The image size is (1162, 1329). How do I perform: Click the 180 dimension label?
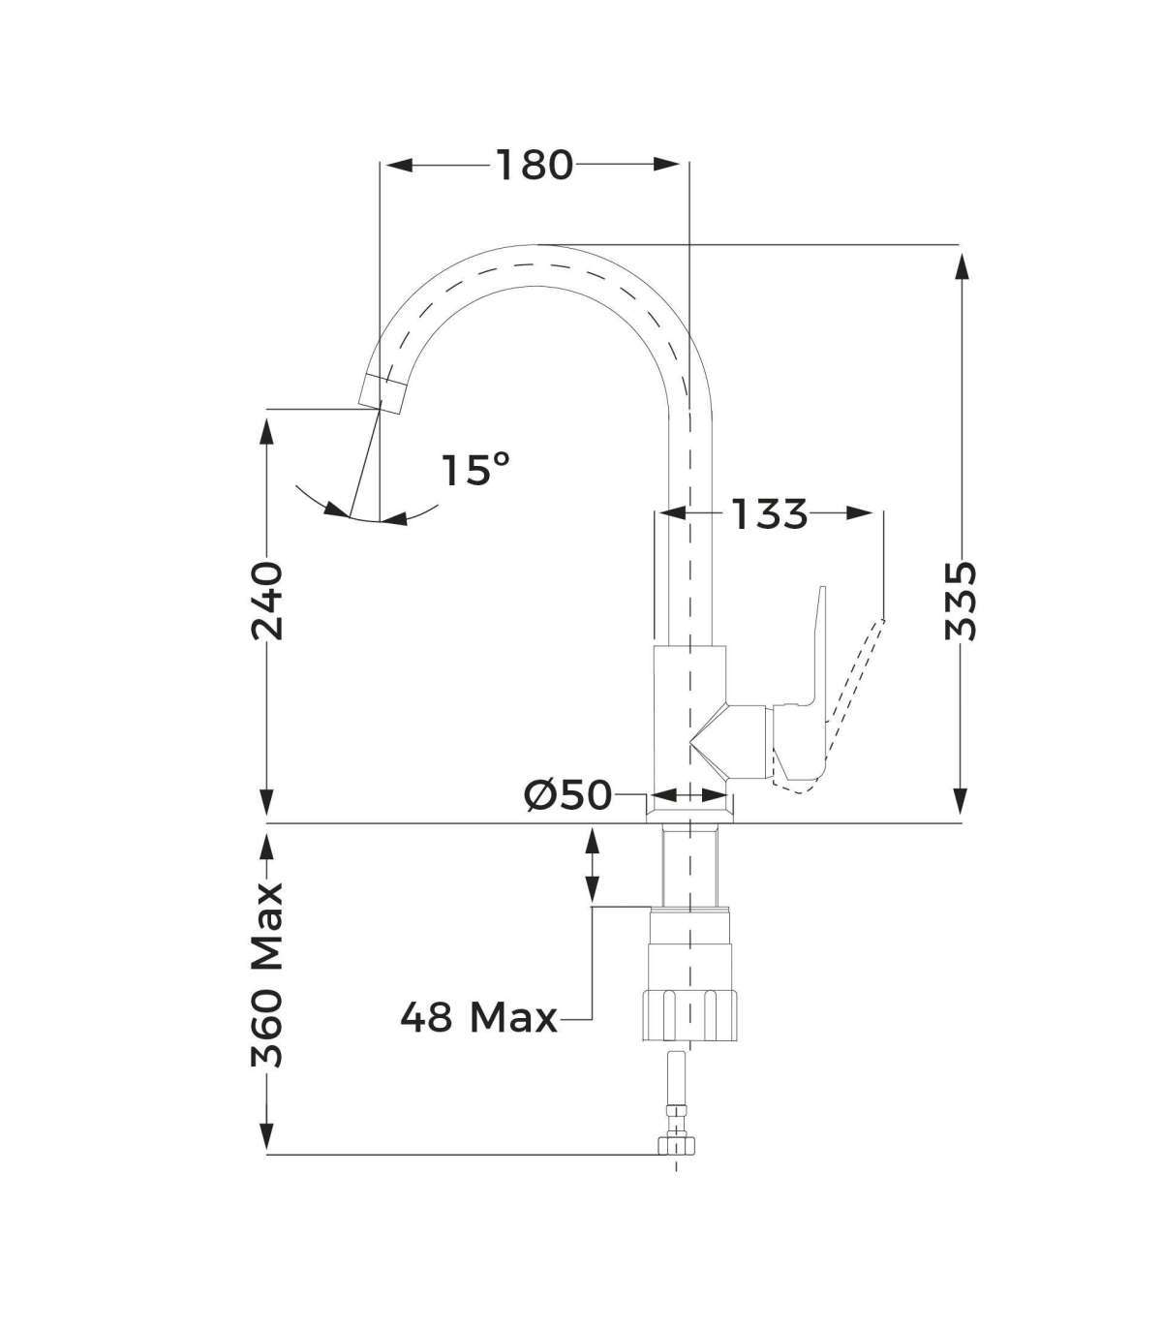[535, 165]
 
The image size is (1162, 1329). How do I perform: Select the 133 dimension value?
[769, 514]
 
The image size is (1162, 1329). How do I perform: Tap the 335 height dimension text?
[961, 601]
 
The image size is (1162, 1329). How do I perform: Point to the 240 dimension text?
[267, 602]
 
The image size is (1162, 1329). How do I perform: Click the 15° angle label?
[475, 470]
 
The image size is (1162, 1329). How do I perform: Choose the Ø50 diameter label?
[568, 794]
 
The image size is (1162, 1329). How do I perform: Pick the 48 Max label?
[479, 1018]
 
